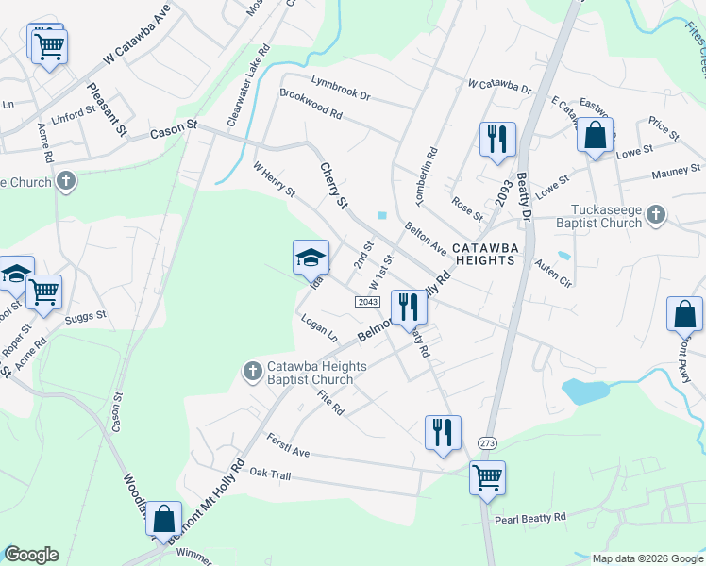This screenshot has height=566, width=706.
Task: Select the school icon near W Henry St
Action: pos(311,258)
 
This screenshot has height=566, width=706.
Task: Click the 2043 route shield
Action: pos(368,301)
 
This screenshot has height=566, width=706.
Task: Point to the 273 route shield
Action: pos(487,443)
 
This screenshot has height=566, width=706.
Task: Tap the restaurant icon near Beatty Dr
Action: pos(496,140)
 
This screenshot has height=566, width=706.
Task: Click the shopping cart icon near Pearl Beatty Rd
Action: pos(487,477)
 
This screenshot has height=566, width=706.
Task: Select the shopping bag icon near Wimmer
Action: pos(164,518)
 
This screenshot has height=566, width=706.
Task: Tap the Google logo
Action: pos(30,555)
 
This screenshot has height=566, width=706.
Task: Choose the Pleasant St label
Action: pos(107,109)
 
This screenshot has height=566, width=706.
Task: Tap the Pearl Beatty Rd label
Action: pos(529,517)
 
